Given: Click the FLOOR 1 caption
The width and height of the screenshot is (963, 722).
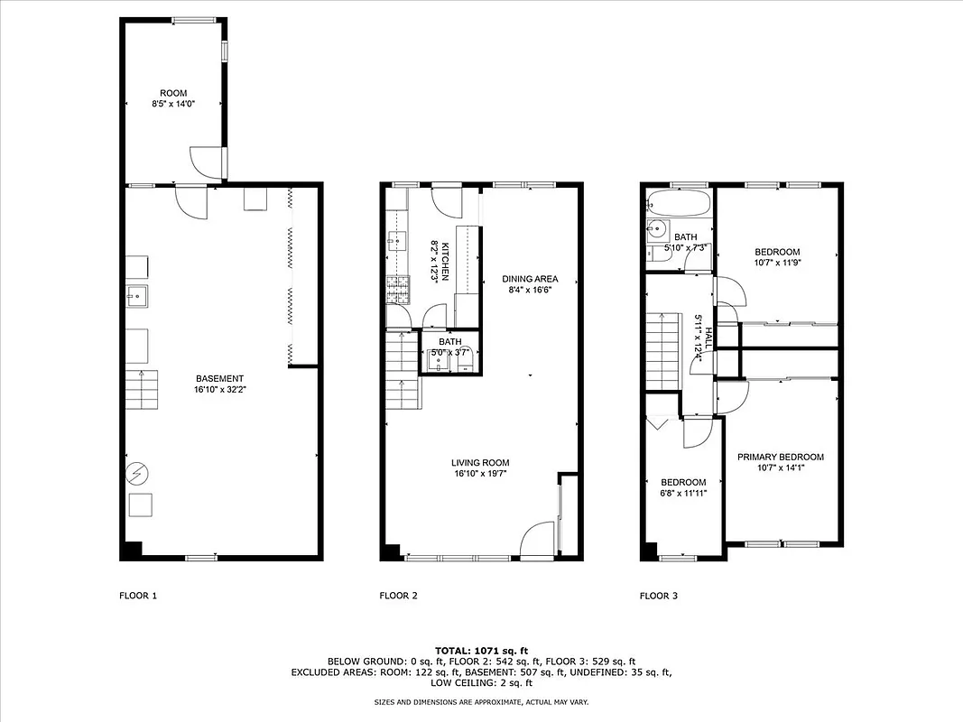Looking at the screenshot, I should [138, 596].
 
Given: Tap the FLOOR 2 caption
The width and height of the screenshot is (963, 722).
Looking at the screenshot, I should [398, 596].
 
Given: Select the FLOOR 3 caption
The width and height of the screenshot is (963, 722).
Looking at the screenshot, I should [659, 596].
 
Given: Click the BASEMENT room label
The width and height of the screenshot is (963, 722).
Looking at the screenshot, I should [218, 378].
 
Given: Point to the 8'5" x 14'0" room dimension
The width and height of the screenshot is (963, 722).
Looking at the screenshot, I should [172, 105].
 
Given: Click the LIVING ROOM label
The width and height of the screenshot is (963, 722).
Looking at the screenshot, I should [481, 463].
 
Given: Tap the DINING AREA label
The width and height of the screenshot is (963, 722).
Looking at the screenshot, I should [530, 279].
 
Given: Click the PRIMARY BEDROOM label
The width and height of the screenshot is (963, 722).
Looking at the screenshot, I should [780, 457].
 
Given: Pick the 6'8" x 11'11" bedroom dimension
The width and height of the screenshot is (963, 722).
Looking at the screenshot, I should [683, 494].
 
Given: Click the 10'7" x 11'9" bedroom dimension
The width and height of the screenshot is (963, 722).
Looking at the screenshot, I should [777, 263].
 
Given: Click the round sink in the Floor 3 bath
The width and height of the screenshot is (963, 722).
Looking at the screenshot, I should [656, 231].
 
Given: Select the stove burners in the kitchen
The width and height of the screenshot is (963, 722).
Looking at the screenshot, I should [395, 288].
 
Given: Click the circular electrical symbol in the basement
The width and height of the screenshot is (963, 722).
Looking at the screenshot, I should [138, 473].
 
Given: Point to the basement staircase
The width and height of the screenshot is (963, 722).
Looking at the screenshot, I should [141, 390].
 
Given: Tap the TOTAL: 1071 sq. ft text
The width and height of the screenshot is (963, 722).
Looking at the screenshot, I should [481, 650].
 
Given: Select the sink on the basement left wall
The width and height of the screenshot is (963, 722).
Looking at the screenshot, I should [137, 294].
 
